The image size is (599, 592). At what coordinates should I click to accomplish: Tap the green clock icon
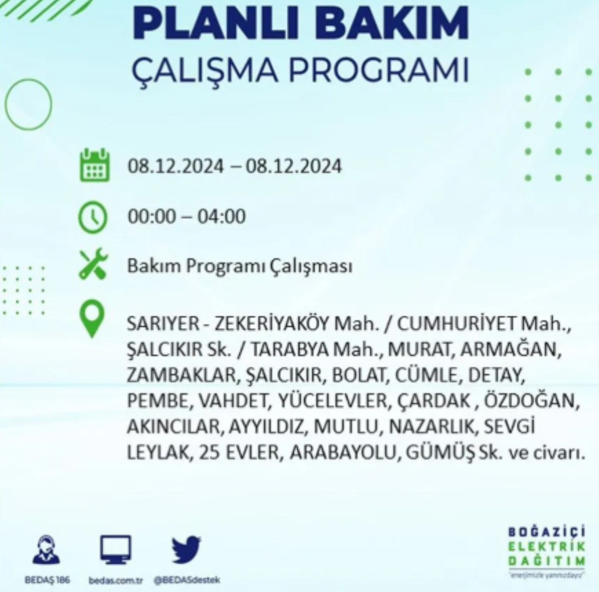(x=92, y=216)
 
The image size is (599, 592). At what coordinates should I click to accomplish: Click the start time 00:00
(x=152, y=216)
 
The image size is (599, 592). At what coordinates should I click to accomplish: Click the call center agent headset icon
(x=47, y=550)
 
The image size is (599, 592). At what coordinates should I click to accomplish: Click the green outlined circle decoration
(x=28, y=104)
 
